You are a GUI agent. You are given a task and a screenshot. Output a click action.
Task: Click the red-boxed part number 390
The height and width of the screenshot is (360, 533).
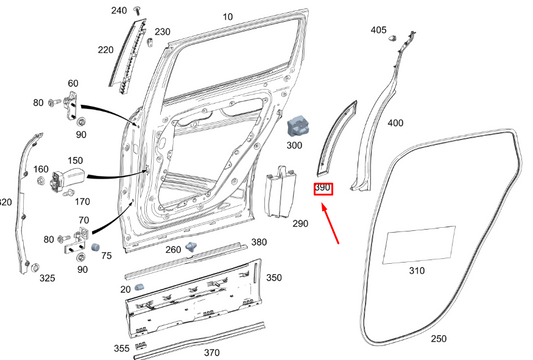pyautogui.click(x=323, y=188)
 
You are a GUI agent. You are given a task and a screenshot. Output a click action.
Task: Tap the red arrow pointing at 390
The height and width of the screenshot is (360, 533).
pyautogui.click(x=330, y=223)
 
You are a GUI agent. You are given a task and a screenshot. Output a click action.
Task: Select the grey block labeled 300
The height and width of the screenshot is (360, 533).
pyautogui.click(x=298, y=127)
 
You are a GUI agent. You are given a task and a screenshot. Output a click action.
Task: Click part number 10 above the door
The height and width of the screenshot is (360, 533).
pyautogui.click(x=228, y=17)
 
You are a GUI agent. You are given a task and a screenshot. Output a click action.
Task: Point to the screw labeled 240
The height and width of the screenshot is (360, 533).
pyautogui.click(x=137, y=10)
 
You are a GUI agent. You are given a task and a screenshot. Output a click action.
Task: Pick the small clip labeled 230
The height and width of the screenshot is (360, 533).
pyautogui.click(x=150, y=43)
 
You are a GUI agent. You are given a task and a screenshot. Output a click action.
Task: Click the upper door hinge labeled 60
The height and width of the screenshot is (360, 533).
pyautogui.click(x=73, y=105)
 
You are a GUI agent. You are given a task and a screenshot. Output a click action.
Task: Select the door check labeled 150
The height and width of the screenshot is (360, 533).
pyautogui.click(x=68, y=179)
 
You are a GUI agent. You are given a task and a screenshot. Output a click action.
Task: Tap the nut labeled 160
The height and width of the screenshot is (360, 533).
pyautogui.click(x=40, y=180)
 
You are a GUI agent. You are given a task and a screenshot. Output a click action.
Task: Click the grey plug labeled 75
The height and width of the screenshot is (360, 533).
pyautogui.click(x=95, y=247)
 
